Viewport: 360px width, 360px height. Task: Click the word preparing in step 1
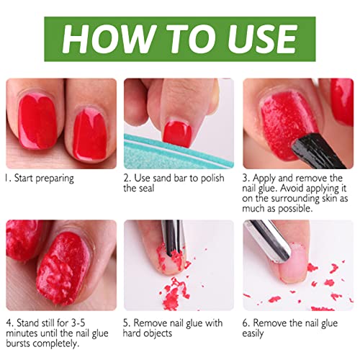point(55,179)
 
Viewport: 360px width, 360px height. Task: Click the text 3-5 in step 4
point(78,323)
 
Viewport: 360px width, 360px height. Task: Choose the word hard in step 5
point(131,333)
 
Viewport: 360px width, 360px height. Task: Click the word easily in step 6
point(253,333)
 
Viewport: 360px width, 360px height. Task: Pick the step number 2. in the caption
point(127,179)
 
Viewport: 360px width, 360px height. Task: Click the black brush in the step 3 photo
point(318,151)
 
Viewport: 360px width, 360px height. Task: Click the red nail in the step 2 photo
point(177,134)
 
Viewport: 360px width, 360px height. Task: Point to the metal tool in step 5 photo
point(173,238)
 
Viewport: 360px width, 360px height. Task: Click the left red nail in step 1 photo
point(37,121)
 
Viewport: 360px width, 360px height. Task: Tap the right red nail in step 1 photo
point(90,134)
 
